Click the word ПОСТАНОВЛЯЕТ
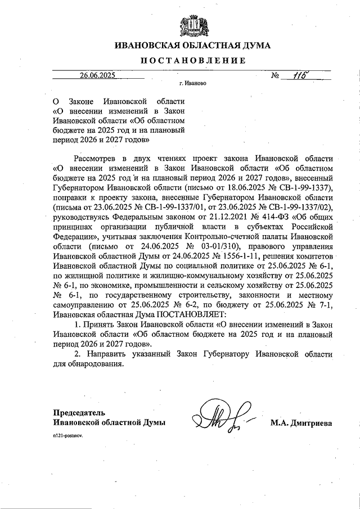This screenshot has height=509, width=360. [182, 316]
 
